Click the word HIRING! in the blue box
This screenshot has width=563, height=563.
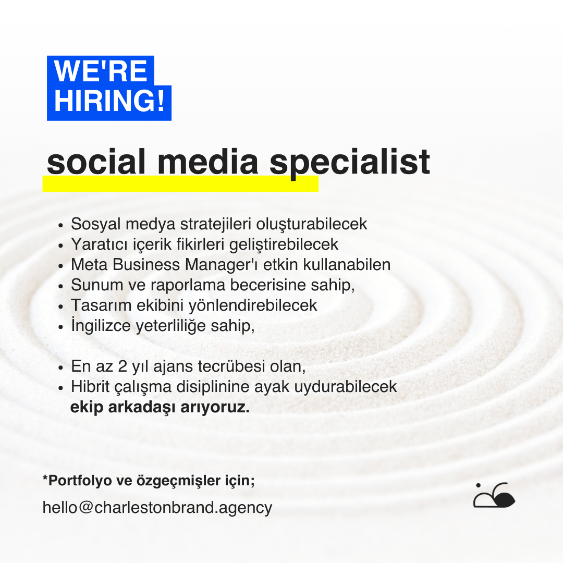pyautogui.click(x=109, y=101)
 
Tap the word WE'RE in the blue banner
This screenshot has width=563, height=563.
pyautogui.click(x=101, y=71)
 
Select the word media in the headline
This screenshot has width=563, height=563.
pyautogui.click(x=208, y=162)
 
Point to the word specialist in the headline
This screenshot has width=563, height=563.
pyautogui.click(x=350, y=163)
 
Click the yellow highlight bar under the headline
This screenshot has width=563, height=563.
pyautogui.click(x=180, y=184)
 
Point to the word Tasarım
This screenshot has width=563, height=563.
pyautogui.click(x=101, y=305)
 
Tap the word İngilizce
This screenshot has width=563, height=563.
pyautogui.click(x=101, y=326)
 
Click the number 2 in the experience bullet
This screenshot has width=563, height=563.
pyautogui.click(x=123, y=366)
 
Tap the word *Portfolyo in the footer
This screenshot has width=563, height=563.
pyautogui.click(x=77, y=481)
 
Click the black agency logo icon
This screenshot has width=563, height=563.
pyautogui.click(x=494, y=495)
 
